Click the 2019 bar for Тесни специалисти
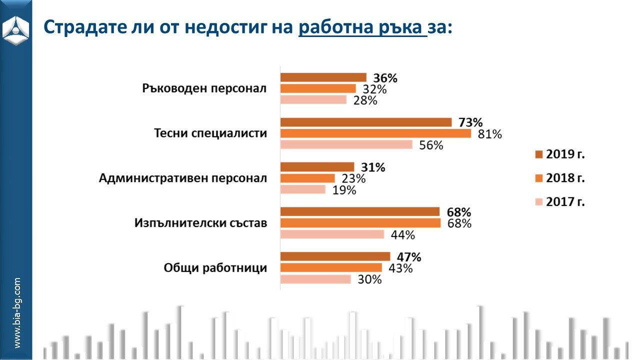365,122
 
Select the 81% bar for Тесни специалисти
375,134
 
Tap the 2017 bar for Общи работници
315,279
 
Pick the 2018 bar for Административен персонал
307,178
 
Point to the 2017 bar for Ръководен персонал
313,100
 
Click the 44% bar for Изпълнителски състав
332,234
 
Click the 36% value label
385,78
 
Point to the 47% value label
409,257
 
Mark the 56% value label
431,145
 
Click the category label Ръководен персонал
204,89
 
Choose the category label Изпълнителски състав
200,223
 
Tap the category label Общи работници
215,268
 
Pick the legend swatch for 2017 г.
538,202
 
